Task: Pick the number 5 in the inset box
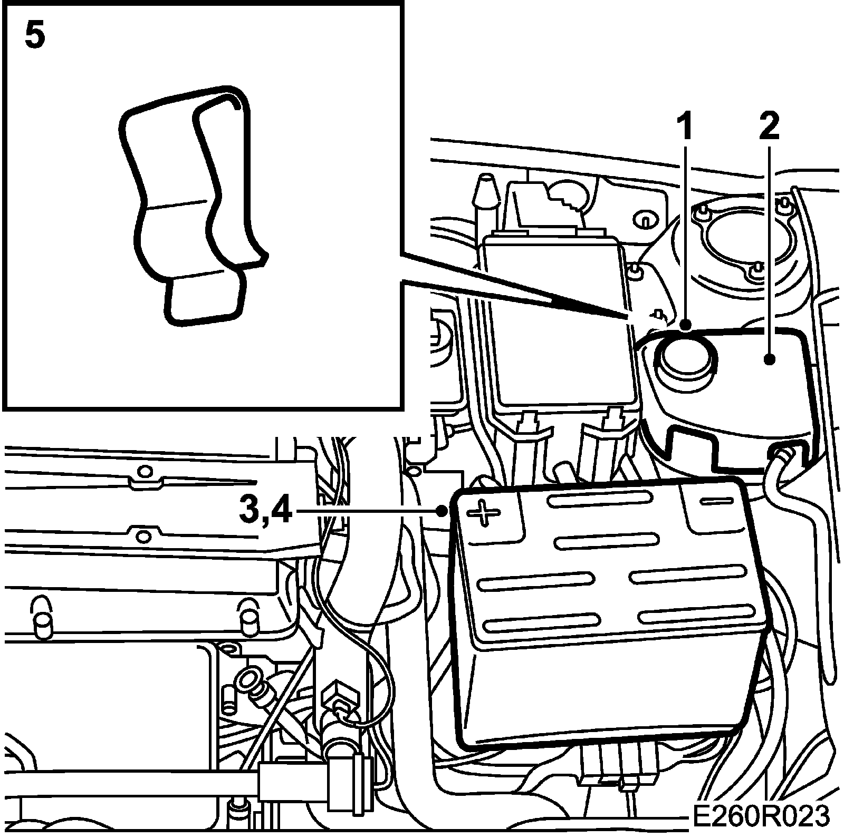[35, 36]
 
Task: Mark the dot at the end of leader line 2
[770, 359]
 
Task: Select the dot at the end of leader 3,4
[442, 510]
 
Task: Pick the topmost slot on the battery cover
[599, 498]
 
